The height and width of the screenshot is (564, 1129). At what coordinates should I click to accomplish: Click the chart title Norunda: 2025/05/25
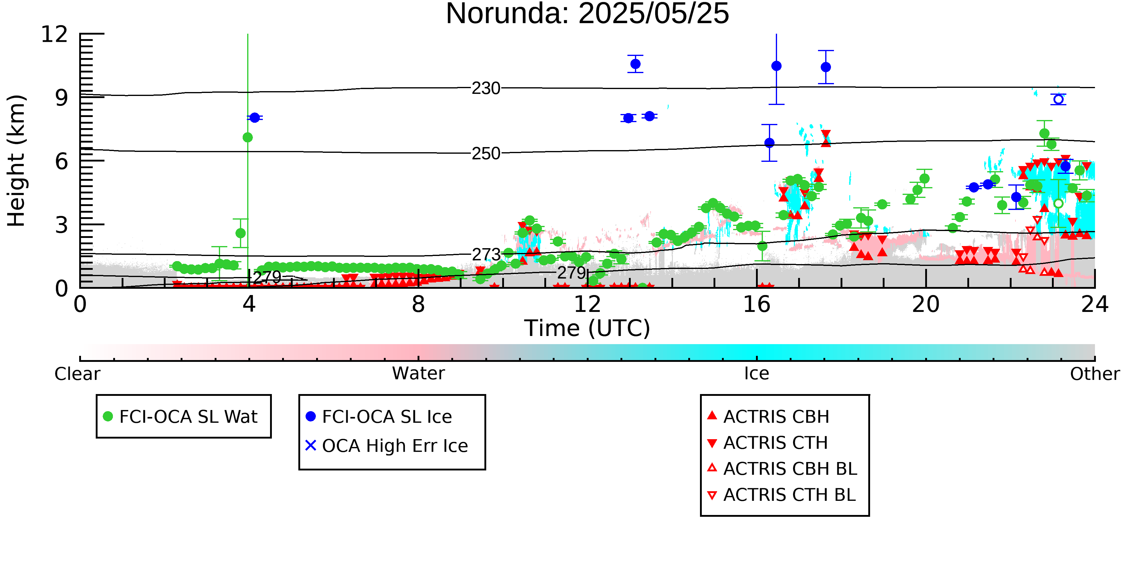pyautogui.click(x=587, y=14)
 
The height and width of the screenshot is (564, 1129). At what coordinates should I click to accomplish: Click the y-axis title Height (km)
pyautogui.click(x=16, y=161)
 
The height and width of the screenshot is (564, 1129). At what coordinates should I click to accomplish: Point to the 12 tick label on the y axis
pyautogui.click(x=54, y=34)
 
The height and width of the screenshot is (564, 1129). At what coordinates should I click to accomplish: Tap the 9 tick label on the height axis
pyautogui.click(x=62, y=98)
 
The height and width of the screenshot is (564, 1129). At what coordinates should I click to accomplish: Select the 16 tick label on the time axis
pyautogui.click(x=757, y=304)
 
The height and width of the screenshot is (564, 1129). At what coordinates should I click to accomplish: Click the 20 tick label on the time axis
pyautogui.click(x=926, y=304)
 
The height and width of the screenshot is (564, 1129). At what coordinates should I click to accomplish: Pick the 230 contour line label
pyautogui.click(x=486, y=88)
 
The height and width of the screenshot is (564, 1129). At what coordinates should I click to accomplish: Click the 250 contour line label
pyautogui.click(x=486, y=154)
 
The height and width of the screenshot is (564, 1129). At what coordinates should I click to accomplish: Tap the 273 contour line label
pyautogui.click(x=486, y=255)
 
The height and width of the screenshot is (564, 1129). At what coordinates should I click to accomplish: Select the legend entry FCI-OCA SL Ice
pyautogui.click(x=379, y=416)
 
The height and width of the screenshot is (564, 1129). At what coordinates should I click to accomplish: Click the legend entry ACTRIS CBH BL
pyautogui.click(x=782, y=469)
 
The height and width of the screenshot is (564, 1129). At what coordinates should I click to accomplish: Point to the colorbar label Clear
pyautogui.click(x=77, y=374)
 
